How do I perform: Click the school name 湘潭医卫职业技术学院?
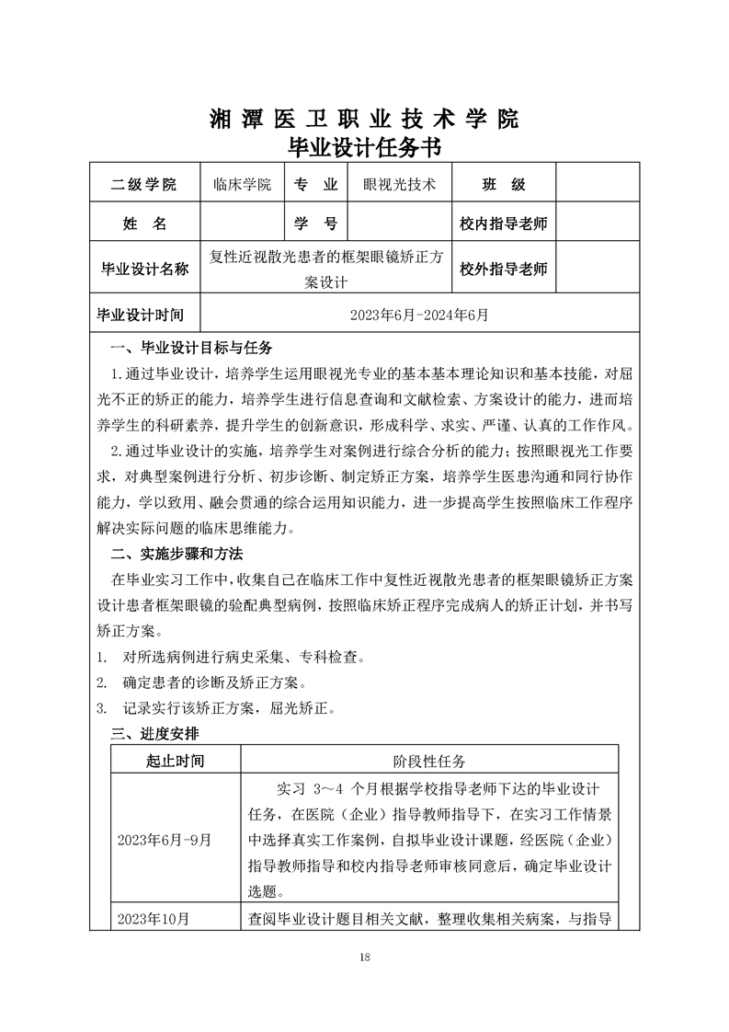click(364, 119)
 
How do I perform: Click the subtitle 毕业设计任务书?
click(364, 147)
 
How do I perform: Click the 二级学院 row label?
click(142, 184)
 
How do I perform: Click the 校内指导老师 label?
click(504, 224)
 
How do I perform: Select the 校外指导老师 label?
click(504, 269)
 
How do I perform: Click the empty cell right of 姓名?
click(242, 224)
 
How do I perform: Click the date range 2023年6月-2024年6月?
click(419, 315)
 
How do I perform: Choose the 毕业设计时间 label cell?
click(142, 315)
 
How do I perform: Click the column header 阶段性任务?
click(430, 761)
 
